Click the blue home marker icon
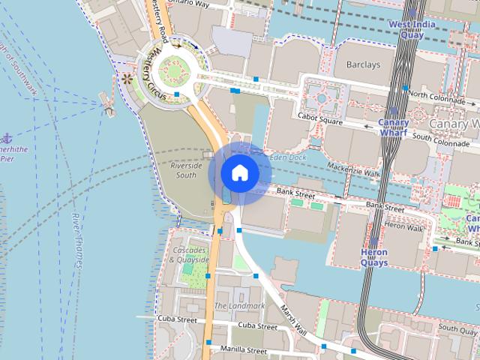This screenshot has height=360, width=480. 240,173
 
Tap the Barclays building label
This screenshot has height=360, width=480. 364,65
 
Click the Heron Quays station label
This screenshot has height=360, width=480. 374,258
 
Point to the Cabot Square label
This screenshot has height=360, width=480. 319,117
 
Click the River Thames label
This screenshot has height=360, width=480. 76,240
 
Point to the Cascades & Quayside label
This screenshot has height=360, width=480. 188,254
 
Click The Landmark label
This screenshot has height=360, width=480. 239,306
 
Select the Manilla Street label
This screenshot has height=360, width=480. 244,350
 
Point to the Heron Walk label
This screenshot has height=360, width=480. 403,226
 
